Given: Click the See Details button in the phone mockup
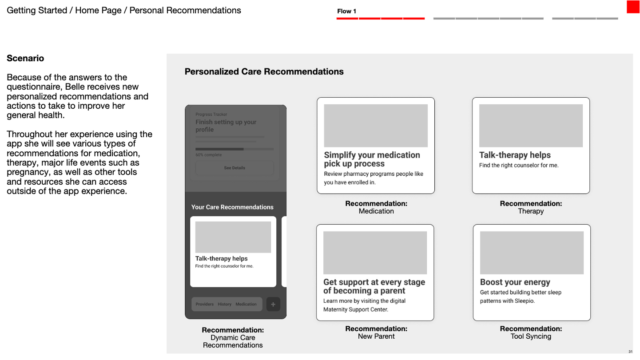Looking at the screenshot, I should tap(235, 168).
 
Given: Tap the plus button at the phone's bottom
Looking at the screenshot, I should tap(273, 305).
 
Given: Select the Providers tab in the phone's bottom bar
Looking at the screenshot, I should tap(204, 305).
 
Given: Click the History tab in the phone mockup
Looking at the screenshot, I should tap(224, 305).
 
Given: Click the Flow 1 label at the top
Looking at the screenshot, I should tap(347, 11).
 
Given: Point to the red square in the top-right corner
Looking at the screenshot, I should tap(633, 7).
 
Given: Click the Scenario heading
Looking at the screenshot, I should tap(25, 59).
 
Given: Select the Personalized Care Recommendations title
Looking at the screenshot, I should tap(264, 71).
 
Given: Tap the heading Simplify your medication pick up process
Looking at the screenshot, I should tap(372, 159).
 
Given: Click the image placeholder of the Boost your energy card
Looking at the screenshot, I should tap(532, 253).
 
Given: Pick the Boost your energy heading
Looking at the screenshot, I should tap(515, 282).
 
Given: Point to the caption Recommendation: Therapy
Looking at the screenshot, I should tap(531, 207).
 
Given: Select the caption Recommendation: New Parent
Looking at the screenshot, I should tap(376, 332).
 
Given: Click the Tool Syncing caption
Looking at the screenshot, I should tap(531, 336).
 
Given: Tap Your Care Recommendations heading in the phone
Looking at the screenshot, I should tap(232, 207).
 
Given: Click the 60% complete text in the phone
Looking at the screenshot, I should tap(208, 155).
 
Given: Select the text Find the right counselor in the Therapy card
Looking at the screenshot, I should tap(518, 166).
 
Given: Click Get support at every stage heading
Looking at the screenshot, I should tap(374, 286).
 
